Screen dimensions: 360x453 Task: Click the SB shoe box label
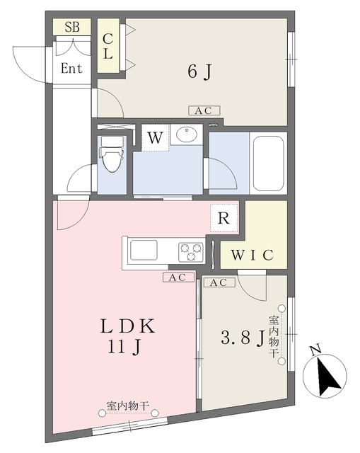click(x=72, y=27)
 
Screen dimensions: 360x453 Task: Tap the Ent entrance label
click(x=71, y=69)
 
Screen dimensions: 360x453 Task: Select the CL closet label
click(x=108, y=46)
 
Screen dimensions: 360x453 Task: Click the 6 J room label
click(x=199, y=71)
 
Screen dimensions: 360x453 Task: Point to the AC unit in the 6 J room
click(x=204, y=110)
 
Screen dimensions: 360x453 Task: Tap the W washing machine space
click(x=155, y=137)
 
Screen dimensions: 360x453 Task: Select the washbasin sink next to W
click(x=187, y=134)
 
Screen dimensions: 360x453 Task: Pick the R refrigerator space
click(x=224, y=218)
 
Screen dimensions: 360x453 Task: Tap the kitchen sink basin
click(x=144, y=250)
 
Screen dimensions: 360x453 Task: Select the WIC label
click(x=252, y=255)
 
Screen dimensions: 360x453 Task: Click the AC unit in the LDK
click(x=178, y=277)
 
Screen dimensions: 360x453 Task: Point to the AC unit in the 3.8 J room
click(x=219, y=282)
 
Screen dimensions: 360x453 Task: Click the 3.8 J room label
click(x=243, y=338)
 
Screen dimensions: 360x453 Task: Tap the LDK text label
click(x=127, y=326)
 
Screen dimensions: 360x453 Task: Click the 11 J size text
click(x=124, y=346)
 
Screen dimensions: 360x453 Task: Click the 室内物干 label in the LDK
click(x=128, y=406)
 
